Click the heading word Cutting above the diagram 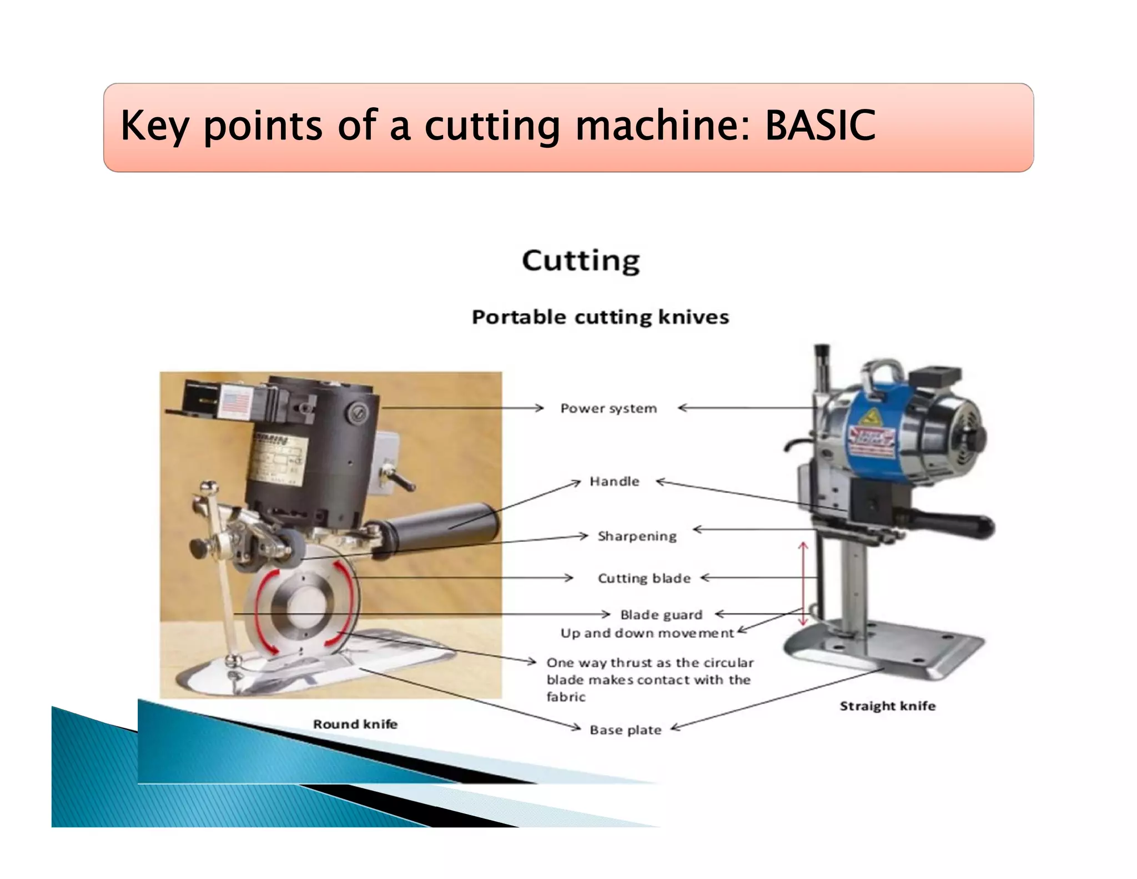point(581,261)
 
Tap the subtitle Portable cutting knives point(600,317)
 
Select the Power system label point(608,408)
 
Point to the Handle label point(614,481)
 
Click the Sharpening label point(637,536)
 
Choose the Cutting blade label point(644,578)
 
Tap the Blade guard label point(661,615)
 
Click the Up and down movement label point(647,633)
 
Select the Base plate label point(625,730)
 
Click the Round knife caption point(355,724)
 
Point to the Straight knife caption point(887,706)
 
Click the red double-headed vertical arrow point(803,584)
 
